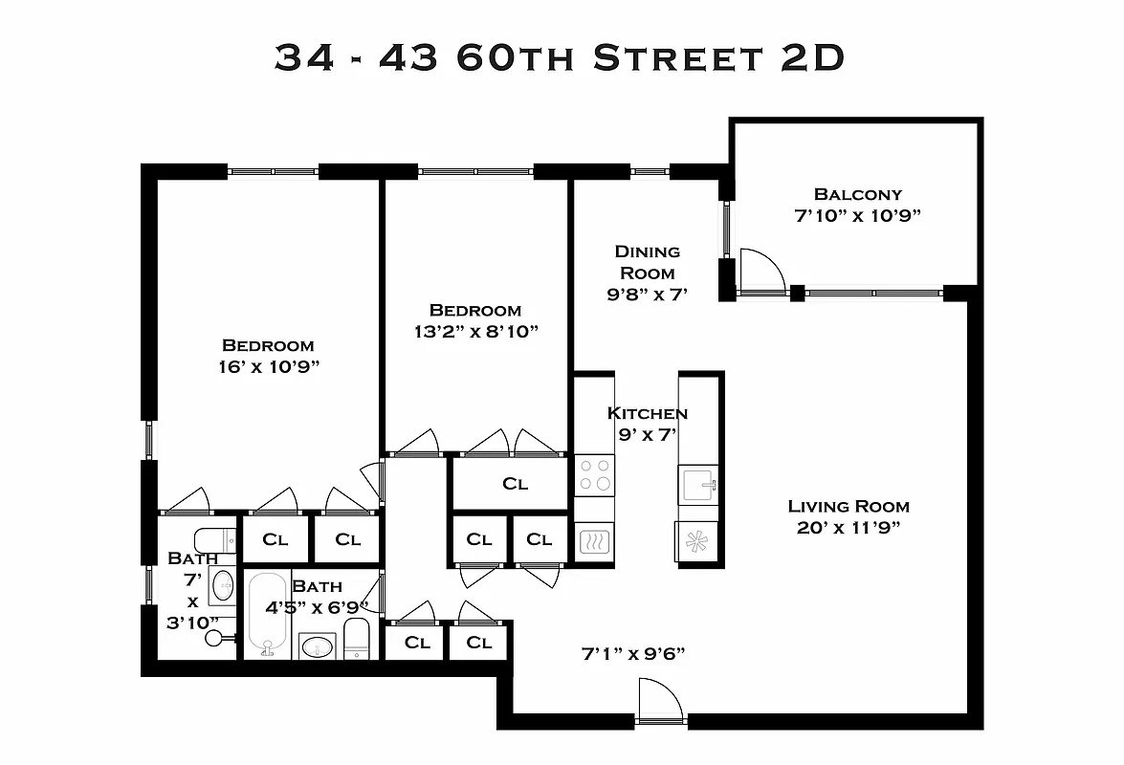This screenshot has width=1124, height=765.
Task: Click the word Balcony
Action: (x=857, y=194)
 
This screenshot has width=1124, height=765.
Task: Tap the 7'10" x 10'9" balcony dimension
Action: (x=857, y=215)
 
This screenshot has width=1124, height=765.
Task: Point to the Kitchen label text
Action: (x=647, y=413)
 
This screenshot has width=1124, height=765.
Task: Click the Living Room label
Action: (x=849, y=507)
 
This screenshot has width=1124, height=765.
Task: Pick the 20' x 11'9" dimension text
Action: (x=849, y=528)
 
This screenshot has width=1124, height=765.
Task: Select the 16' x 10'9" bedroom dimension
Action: (x=268, y=366)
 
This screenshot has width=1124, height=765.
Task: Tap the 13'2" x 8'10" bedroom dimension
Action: (x=475, y=331)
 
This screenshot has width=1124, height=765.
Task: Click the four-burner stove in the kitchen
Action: (x=594, y=475)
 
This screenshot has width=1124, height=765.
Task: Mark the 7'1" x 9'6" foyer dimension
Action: (x=633, y=654)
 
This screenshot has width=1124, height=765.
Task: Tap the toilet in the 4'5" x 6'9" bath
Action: (x=356, y=638)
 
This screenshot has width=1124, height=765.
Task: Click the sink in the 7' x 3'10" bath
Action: (x=223, y=584)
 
